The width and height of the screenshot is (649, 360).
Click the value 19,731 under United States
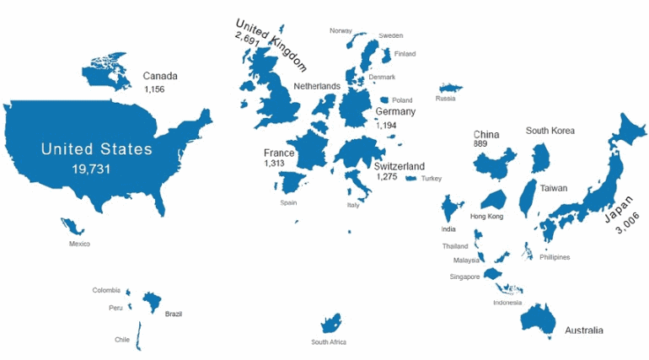pyautogui.click(x=97, y=169)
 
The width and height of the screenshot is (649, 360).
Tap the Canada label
pyautogui.click(x=160, y=75)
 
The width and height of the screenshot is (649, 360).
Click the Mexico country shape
pyautogui.click(x=72, y=226)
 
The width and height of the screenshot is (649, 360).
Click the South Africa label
pyautogui.click(x=329, y=341)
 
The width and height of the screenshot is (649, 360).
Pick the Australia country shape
pyautogui.click(x=539, y=319)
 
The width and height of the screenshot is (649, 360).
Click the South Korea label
pyautogui.click(x=550, y=131)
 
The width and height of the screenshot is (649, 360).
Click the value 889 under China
pyautogui.click(x=480, y=144)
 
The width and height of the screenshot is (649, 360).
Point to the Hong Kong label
pyautogui.click(x=486, y=217)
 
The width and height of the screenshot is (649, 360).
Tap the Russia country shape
pyautogui.click(x=449, y=88)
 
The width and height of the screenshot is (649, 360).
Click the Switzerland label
pyautogui.click(x=400, y=166)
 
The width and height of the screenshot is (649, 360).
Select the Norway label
pyautogui.click(x=341, y=30)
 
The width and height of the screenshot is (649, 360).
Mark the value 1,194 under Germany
pyautogui.click(x=386, y=125)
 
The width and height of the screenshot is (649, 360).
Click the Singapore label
pyautogui.click(x=464, y=277)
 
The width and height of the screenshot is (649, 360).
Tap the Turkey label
pyautogui.click(x=432, y=178)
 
